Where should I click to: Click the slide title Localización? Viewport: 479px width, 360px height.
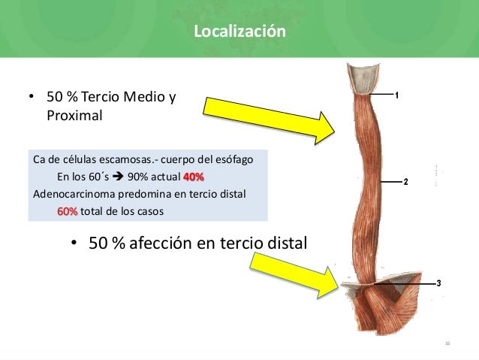[239, 32]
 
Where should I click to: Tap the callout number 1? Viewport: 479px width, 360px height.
[396, 95]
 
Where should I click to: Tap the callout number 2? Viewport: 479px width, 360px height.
[405, 183]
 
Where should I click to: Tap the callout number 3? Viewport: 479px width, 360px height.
[438, 283]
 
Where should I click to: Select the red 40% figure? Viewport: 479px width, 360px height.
[193, 177]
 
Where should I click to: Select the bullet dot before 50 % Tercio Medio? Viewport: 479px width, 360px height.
[32, 98]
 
